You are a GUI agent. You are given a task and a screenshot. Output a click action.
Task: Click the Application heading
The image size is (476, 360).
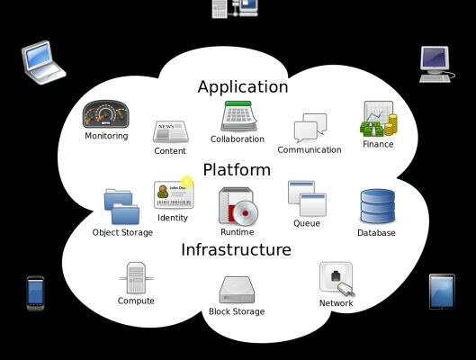point(243,87)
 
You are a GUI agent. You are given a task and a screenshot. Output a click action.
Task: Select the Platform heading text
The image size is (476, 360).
point(237,170)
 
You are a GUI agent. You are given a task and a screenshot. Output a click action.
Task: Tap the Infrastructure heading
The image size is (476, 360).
point(236,250)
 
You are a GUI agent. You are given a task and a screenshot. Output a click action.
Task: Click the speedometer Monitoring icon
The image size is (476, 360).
point(106,114)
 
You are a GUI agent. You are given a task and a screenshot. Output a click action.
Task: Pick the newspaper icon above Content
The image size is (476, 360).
point(171,131)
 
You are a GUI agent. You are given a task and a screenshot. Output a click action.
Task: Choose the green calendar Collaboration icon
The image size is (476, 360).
point(238,116)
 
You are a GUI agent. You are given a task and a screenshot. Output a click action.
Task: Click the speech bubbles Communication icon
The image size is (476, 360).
point(310,128)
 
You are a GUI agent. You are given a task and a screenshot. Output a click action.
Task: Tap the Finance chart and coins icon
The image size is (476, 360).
point(379,119)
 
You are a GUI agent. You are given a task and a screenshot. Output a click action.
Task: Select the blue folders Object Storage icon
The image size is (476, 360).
point(121,206)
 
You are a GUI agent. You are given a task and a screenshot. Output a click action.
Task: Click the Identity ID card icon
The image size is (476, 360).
point(174,194)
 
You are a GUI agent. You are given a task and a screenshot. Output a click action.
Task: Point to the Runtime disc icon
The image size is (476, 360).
point(238,206)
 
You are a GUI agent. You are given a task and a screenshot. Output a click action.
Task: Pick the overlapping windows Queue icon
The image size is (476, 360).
point(307,199)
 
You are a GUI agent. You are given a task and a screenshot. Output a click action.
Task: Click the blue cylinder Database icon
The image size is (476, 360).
point(378,206)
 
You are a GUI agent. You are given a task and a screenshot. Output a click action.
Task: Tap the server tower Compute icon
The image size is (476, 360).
point(136,278)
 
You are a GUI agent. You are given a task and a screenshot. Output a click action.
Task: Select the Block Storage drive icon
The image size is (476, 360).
point(237,290)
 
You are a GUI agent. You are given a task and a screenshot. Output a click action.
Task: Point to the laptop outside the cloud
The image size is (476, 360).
point(43,62)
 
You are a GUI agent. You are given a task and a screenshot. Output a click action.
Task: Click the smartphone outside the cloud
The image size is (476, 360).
point(35,293)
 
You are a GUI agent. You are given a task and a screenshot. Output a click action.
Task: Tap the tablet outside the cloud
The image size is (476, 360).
point(442,292)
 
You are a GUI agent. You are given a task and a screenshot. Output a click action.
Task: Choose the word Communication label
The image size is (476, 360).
point(310,150)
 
